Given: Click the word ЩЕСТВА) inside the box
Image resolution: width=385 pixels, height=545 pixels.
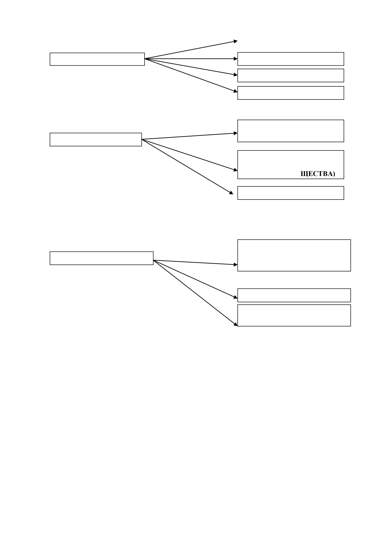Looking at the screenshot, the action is pos(318,174).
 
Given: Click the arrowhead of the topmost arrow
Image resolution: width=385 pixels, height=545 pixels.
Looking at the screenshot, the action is pos(236,41).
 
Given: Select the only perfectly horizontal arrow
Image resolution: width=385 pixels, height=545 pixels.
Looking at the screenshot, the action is pos(191,59).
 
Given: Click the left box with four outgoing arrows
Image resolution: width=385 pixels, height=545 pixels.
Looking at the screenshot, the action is pos(97,59).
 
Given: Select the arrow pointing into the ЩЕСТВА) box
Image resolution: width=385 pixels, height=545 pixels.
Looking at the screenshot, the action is pos(189,155).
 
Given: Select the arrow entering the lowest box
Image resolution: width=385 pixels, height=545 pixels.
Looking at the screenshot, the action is pos(196,293).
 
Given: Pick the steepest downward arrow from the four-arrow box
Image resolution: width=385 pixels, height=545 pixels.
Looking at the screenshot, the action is pos(191,75).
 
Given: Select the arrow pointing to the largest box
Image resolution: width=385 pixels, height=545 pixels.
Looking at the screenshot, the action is pos(196,262).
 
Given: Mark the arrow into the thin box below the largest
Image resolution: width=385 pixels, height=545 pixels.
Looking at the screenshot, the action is pos(196,279).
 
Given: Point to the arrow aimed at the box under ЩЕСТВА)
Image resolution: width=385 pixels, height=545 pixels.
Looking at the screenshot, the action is pos(187,167).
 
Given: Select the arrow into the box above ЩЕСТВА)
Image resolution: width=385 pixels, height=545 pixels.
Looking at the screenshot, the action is pos(190,136).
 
